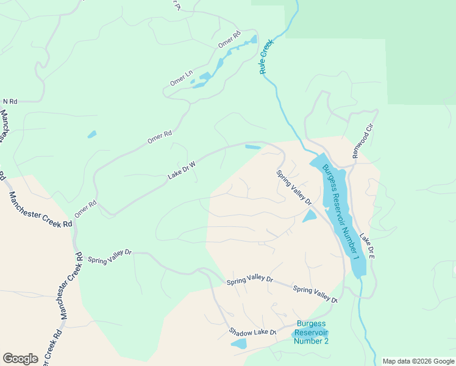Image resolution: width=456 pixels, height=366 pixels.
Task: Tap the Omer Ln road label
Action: [181, 77]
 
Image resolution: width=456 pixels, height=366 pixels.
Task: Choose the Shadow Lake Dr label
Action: [252, 332]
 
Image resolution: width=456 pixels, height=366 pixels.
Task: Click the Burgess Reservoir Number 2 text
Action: [311, 332]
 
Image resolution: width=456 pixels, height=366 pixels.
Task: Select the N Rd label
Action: [10, 101]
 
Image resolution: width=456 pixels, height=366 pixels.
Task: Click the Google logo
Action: [20, 358]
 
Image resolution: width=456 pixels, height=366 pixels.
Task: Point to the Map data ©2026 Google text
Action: [418, 361]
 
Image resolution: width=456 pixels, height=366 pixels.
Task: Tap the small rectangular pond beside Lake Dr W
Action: [252, 146]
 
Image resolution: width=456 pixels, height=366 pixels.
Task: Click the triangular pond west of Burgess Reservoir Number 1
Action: [309, 216]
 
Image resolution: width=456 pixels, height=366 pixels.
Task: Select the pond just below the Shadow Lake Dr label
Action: [238, 344]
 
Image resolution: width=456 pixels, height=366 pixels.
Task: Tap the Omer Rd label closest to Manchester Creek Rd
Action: [86, 209]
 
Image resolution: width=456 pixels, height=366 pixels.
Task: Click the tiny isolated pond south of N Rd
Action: [92, 134]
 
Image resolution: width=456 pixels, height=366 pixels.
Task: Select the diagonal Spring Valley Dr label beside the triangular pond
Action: [294, 187]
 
